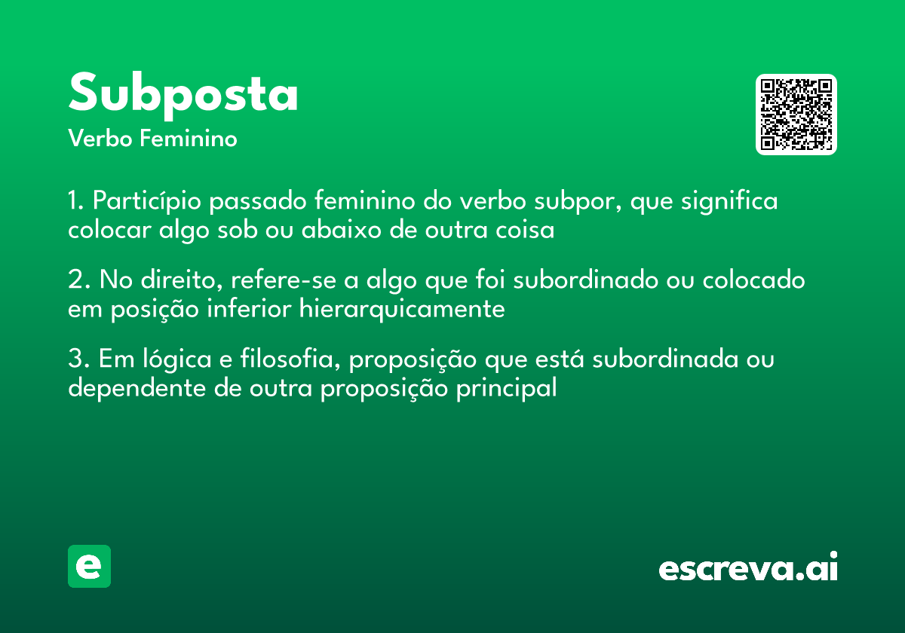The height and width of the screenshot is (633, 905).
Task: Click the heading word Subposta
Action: click(183, 94)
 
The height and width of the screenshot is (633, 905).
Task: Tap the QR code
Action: click(796, 115)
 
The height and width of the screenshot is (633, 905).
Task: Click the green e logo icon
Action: click(89, 566)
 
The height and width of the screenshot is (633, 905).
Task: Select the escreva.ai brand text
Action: click(748, 568)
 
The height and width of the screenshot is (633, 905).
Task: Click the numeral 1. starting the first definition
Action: click(75, 201)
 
